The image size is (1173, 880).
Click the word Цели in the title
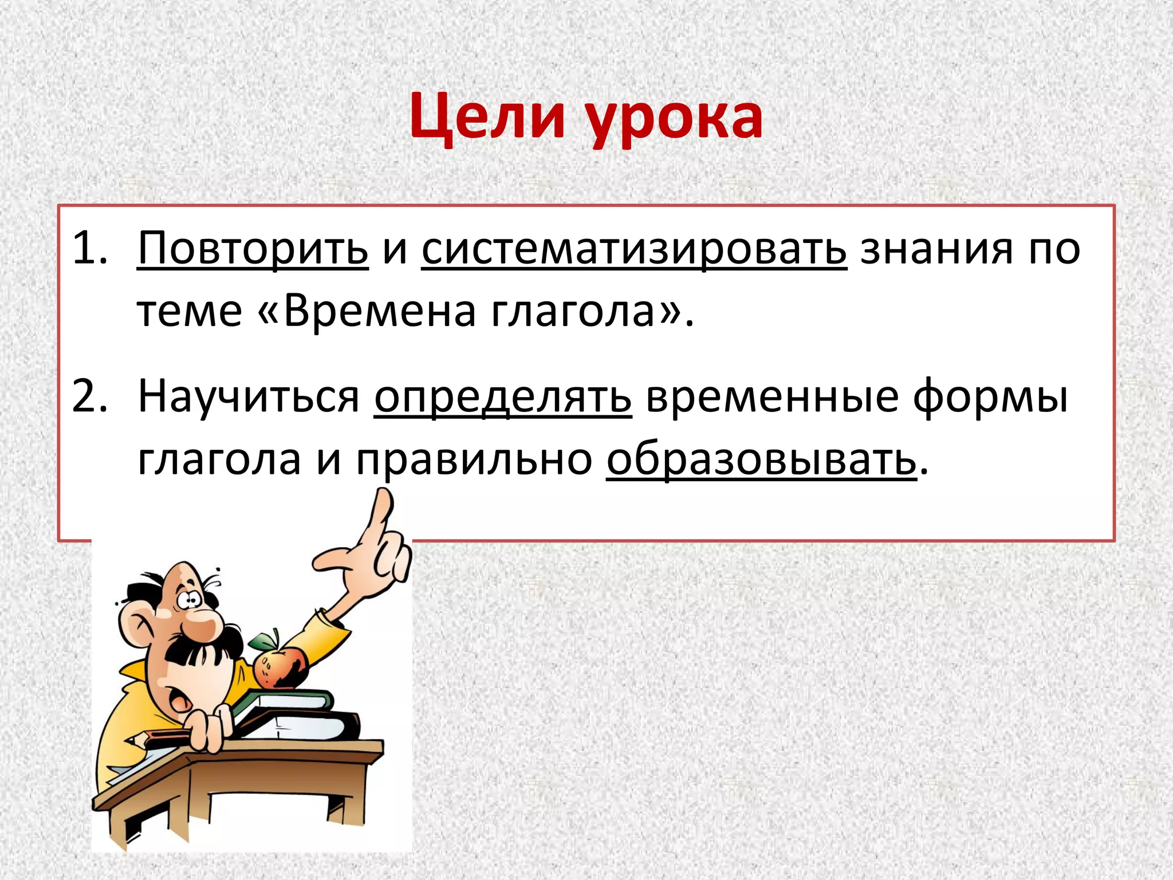click(488, 117)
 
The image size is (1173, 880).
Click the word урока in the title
click(676, 120)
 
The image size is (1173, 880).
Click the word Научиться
click(249, 396)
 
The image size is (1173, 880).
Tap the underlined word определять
click(503, 396)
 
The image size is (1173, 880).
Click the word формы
click(990, 396)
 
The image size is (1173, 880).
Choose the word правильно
click(474, 459)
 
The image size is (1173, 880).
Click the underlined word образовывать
click(761, 459)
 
